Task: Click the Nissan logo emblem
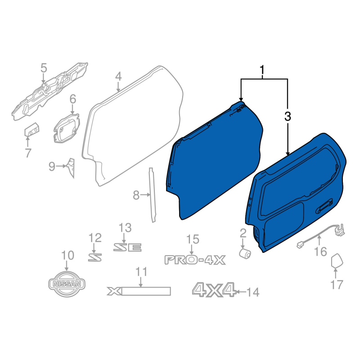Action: [67, 284]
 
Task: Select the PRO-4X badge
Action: [195, 260]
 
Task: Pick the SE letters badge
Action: [127, 247]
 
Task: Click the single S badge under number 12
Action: [95, 257]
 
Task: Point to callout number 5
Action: [44, 68]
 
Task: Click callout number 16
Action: [320, 252]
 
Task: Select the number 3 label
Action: [288, 116]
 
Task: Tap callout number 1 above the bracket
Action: [261, 70]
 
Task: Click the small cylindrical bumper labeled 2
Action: [245, 253]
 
